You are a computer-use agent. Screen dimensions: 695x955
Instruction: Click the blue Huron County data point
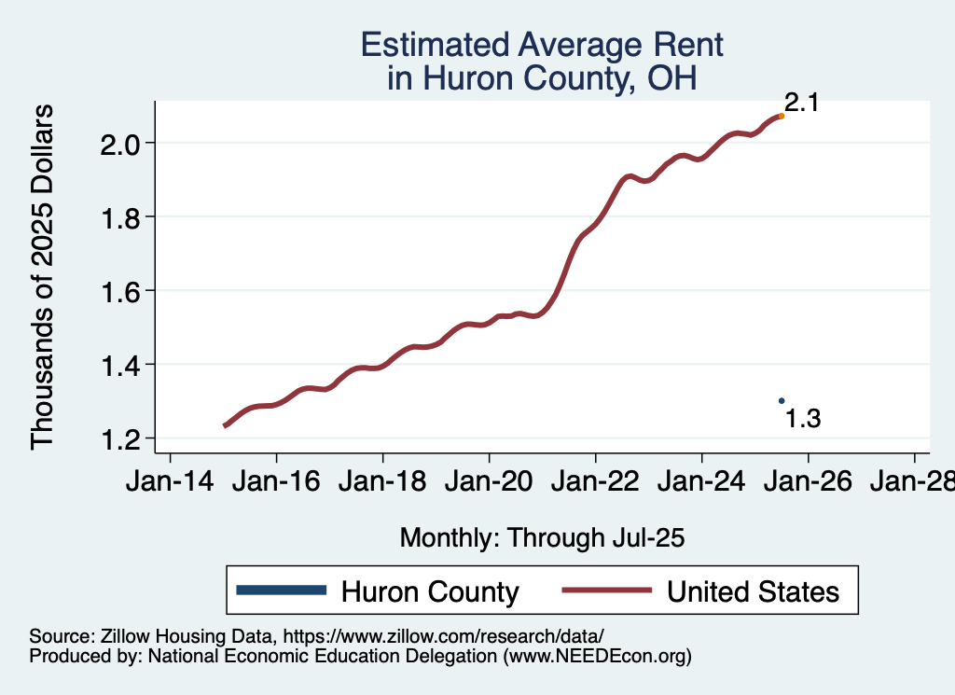pyautogui.click(x=782, y=400)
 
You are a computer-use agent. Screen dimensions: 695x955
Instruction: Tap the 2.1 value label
pyautogui.click(x=801, y=103)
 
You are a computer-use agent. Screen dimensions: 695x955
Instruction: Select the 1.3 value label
pyautogui.click(x=802, y=419)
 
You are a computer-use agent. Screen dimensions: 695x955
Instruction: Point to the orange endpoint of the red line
pyautogui.click(x=782, y=116)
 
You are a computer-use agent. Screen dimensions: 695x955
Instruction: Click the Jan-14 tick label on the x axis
pyautogui.click(x=170, y=483)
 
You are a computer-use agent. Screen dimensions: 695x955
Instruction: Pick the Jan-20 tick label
pyautogui.click(x=489, y=483)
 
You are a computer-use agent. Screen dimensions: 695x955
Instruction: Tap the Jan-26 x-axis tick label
pyautogui.click(x=808, y=483)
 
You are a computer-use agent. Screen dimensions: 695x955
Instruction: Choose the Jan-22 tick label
pyautogui.click(x=595, y=483)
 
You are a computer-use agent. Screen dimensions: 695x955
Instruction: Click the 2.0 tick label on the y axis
pyautogui.click(x=120, y=144)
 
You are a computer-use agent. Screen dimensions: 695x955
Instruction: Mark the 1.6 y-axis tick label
pyautogui.click(x=120, y=291)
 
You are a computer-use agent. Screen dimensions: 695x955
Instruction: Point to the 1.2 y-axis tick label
pyautogui.click(x=120, y=438)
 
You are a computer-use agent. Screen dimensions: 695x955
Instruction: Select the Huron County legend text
pyautogui.click(x=429, y=591)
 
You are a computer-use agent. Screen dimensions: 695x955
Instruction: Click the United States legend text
pyautogui.click(x=753, y=591)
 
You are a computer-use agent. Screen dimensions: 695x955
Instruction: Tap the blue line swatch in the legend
pyautogui.click(x=282, y=590)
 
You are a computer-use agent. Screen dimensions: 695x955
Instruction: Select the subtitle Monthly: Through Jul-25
pyautogui.click(x=542, y=538)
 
